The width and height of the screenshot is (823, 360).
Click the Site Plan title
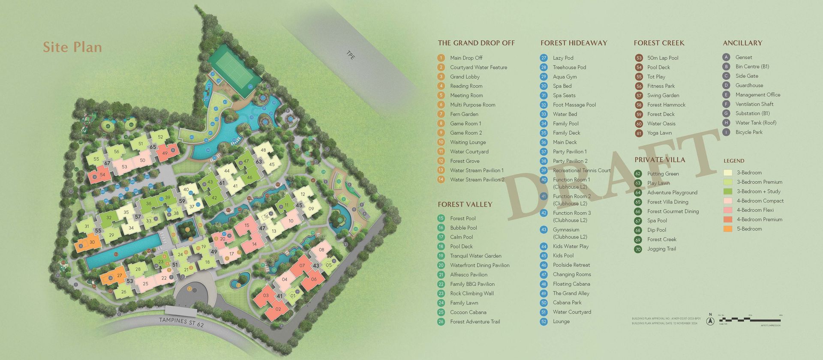[x=72, y=47]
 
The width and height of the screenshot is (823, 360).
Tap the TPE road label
[x=350, y=55]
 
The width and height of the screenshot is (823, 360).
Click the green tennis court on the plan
[x=234, y=67]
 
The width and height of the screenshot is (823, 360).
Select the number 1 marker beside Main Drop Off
[x=441, y=58]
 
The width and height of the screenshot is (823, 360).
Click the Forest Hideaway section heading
[x=574, y=43]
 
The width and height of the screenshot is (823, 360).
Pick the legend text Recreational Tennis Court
[x=582, y=170]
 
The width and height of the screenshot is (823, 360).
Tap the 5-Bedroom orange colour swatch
[x=727, y=229]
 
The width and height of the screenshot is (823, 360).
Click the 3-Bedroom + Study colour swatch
[x=727, y=192]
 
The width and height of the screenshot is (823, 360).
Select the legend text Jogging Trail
[x=661, y=249]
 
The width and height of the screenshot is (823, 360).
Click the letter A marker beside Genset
[x=726, y=57]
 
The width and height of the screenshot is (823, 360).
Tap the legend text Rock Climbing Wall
[x=472, y=294]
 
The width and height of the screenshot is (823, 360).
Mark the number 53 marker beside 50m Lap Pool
[x=639, y=58]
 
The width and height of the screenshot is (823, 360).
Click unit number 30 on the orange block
[x=92, y=242]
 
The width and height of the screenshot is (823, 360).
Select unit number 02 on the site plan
[x=278, y=309]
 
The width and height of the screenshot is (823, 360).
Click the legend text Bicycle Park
[x=749, y=132]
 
